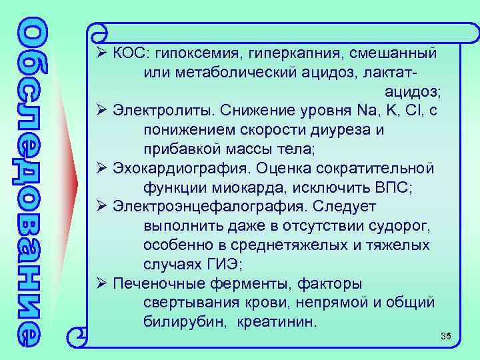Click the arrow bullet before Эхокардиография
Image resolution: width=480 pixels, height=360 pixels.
[x=101, y=168]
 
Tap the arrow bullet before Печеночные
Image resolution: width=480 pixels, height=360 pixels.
[x=101, y=283]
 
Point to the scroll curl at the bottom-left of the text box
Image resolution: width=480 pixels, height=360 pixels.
[x=79, y=331]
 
